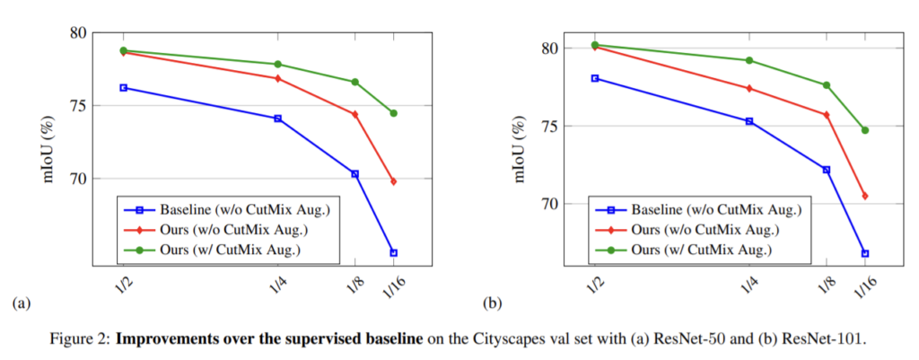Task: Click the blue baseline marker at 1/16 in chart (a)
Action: click(x=393, y=252)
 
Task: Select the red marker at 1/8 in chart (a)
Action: click(x=354, y=114)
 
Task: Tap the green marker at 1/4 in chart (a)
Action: click(x=277, y=64)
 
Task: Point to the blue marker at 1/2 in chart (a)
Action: click(x=123, y=87)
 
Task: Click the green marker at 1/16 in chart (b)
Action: click(x=865, y=130)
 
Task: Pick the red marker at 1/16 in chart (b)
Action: click(x=865, y=196)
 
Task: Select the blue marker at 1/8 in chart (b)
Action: click(x=827, y=170)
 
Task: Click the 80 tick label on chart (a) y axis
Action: click(x=78, y=33)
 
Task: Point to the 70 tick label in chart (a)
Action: click(x=78, y=179)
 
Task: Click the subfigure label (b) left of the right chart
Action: click(x=492, y=303)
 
